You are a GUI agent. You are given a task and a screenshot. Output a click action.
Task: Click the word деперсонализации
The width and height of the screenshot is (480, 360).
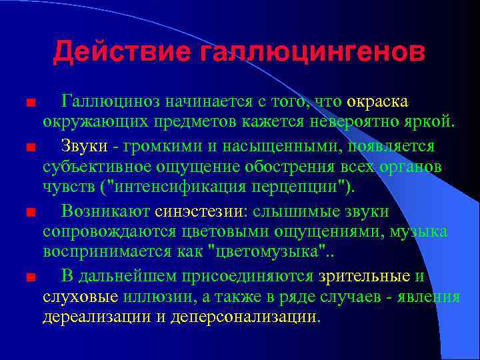point(254,316)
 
